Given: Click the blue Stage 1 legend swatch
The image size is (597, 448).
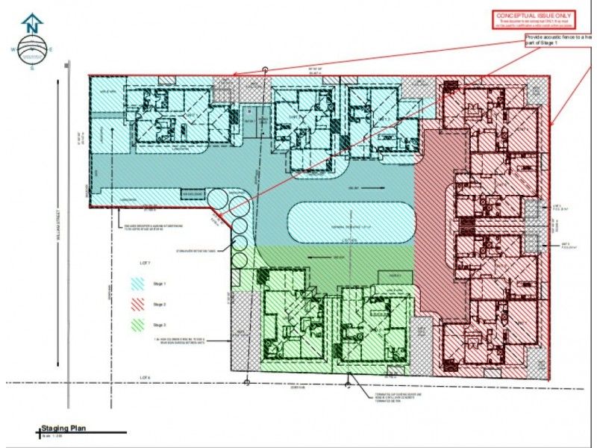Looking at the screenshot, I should tap(137, 284).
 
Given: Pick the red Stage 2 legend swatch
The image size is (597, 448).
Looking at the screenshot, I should tap(137, 305).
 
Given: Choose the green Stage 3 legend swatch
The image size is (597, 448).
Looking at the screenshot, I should tap(137, 326).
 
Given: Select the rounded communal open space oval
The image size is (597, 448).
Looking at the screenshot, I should tap(351, 223).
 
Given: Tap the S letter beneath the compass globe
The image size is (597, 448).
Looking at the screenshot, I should tap(32, 68).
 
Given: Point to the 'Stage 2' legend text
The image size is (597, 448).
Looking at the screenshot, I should tap(159, 305).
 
